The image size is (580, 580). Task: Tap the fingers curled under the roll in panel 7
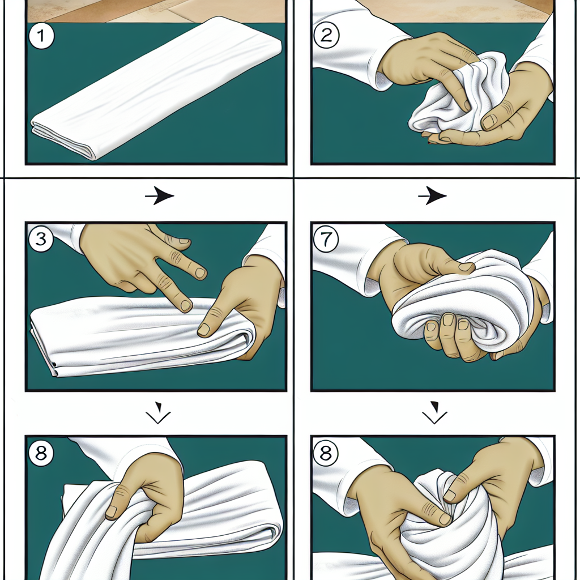(x=447, y=337)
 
